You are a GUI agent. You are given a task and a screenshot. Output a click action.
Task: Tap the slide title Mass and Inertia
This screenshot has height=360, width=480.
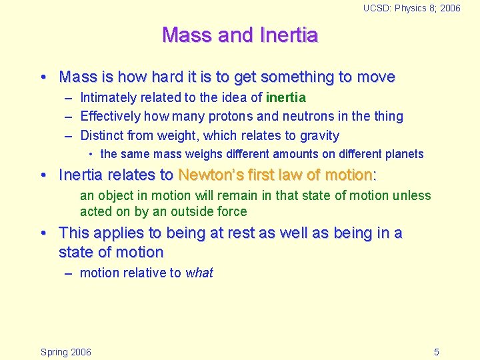(240, 35)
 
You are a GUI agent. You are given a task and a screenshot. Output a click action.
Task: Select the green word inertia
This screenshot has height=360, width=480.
(286, 98)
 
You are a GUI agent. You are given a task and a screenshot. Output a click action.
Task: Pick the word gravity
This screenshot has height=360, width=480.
(319, 136)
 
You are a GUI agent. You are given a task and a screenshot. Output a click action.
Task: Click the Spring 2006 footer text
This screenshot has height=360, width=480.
(66, 352)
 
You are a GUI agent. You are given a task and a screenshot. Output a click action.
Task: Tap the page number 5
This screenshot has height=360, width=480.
(436, 352)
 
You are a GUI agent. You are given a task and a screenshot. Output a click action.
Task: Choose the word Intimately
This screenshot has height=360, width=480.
(107, 98)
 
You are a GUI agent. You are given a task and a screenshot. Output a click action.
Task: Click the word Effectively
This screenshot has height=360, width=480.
(109, 117)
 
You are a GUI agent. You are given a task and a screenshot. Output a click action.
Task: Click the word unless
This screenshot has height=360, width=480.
(412, 196)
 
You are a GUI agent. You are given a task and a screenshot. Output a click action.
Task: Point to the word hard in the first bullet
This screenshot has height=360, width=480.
(151, 77)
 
